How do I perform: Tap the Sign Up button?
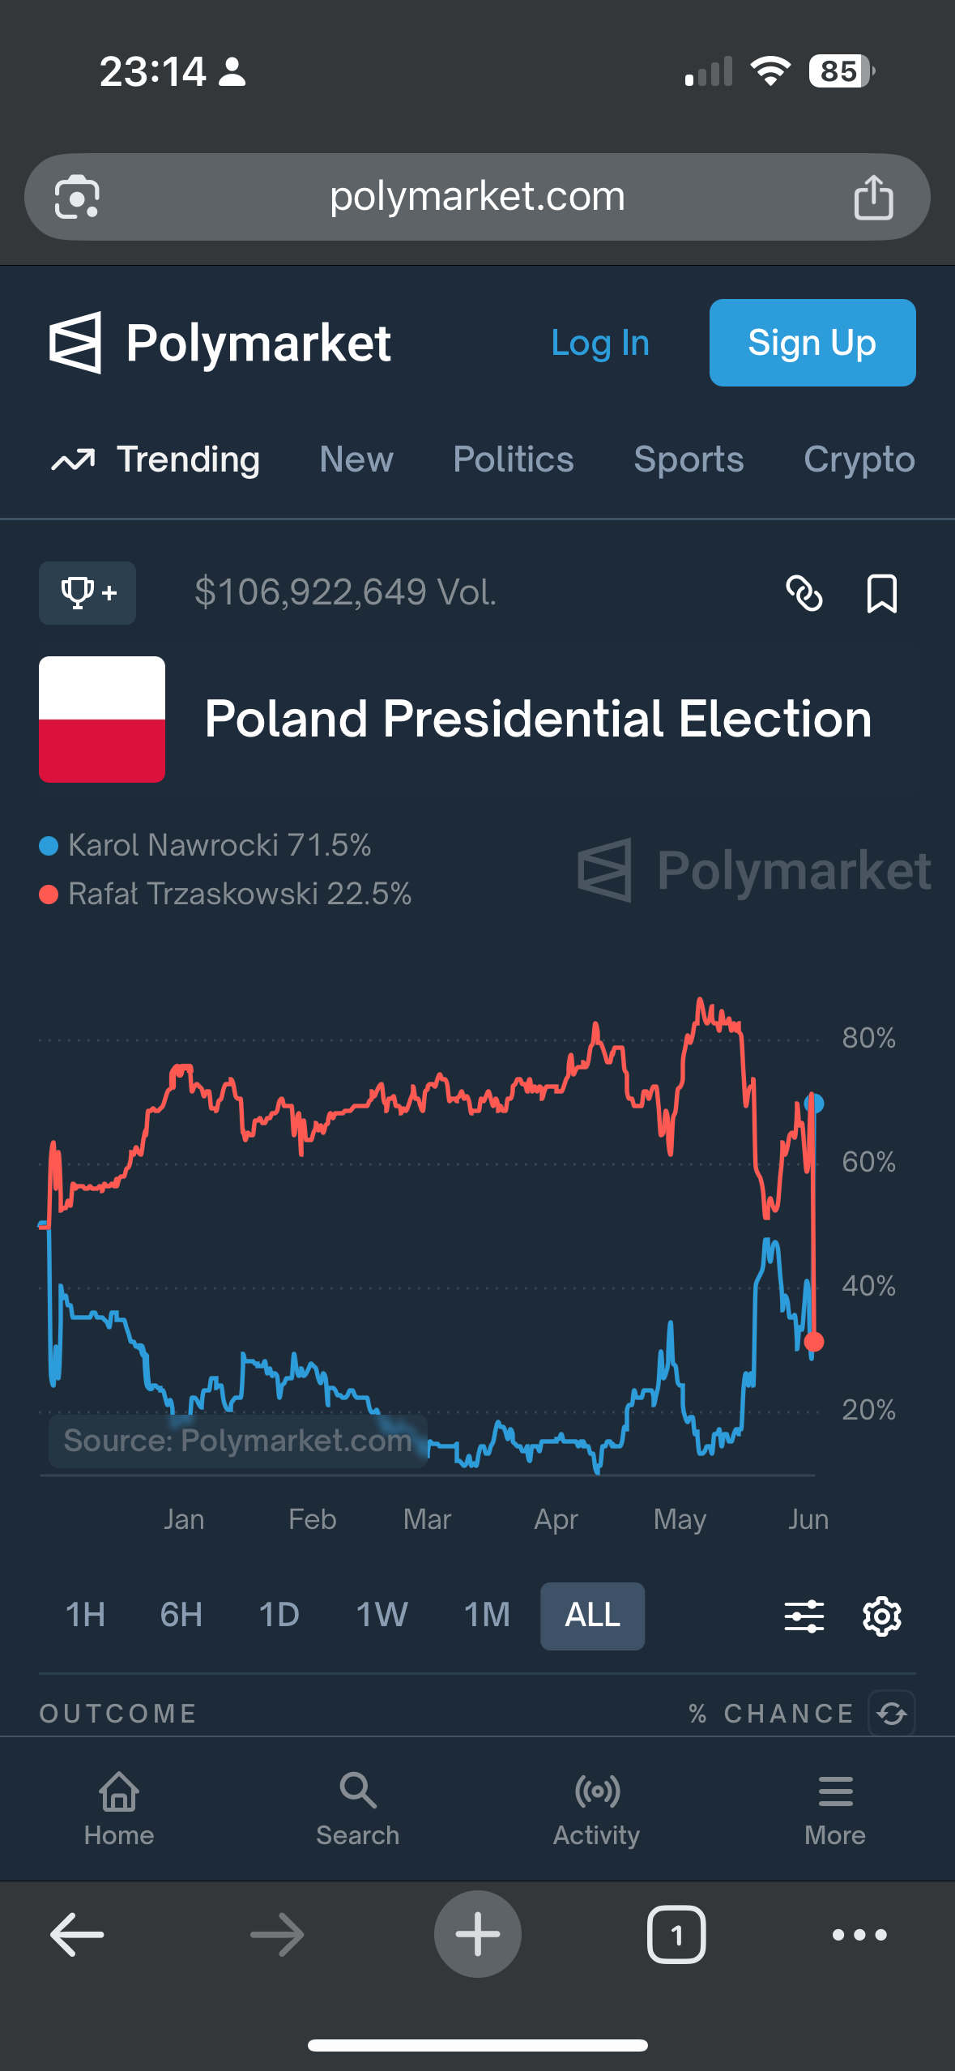pos(812,343)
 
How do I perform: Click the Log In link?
pos(600,343)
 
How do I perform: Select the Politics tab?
pos(514,459)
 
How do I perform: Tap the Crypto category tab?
pos(859,459)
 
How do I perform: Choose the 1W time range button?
pos(382,1615)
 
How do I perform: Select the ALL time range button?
pos(592,1615)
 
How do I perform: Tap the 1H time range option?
pos(85,1615)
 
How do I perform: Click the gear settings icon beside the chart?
pos(881,1616)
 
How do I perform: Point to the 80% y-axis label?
pos(868,1038)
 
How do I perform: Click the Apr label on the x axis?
pos(556,1519)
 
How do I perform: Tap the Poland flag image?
pos(102,720)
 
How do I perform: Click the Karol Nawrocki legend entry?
pos(207,845)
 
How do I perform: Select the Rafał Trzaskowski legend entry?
pos(227,894)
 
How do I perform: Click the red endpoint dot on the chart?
pos(814,1342)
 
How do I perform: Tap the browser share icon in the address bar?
pos(873,197)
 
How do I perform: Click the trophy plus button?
pos(87,593)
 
